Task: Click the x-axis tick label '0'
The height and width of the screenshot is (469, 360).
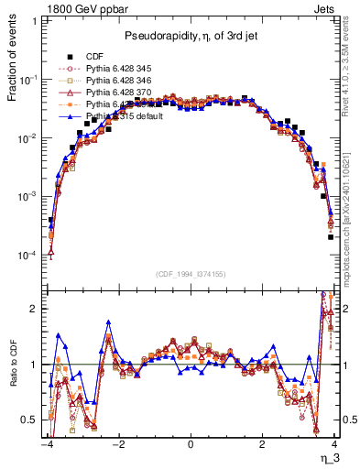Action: coord(191,443)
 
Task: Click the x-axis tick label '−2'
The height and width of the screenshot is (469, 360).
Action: coord(117,443)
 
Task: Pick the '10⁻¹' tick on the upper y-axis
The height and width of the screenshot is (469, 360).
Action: coord(31,80)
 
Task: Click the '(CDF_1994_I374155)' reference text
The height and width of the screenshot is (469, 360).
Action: coord(191,273)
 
